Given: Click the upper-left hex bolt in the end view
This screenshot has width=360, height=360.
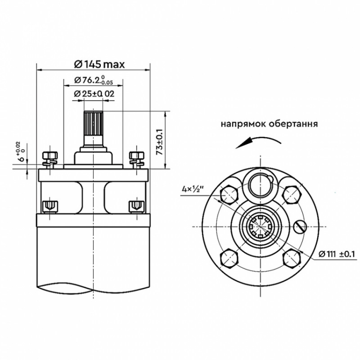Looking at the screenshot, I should [229, 194].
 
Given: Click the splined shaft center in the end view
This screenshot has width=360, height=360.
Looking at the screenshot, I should [260, 226].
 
